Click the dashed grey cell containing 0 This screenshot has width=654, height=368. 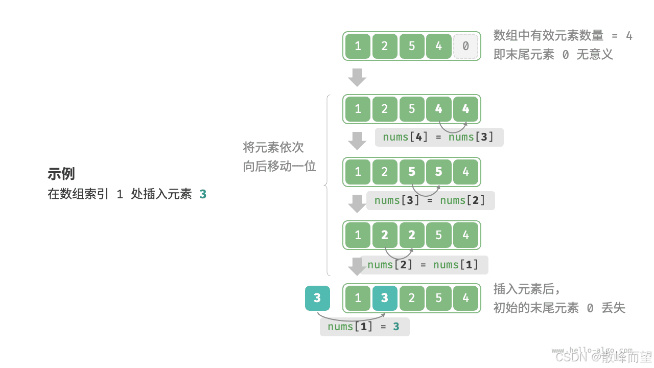465,46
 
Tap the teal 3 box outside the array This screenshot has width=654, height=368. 317,298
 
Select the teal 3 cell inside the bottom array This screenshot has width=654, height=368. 385,298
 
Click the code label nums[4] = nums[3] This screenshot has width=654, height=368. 439,137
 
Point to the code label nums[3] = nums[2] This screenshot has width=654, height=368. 430,200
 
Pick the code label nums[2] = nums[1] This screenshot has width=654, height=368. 424,264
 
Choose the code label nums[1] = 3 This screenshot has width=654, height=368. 364,327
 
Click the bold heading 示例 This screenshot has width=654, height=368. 61,174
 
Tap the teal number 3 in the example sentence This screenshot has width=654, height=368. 203,194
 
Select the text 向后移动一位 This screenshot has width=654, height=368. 279,166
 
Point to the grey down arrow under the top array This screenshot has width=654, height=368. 357,77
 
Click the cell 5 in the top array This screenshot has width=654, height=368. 412,46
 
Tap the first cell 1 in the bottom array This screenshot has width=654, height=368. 358,298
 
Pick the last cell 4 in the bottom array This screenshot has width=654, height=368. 465,298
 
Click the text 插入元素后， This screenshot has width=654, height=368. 527,289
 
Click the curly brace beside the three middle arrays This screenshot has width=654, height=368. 328,185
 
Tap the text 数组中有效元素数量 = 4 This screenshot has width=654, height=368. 563,35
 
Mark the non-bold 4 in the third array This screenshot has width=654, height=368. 465,172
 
